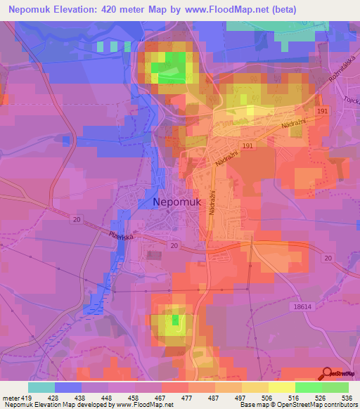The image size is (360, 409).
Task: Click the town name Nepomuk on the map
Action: point(177,202)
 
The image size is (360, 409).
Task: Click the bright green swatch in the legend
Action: point(308,387)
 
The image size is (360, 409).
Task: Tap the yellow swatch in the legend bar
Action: point(281,387)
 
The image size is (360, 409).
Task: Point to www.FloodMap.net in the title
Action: point(230,9)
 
